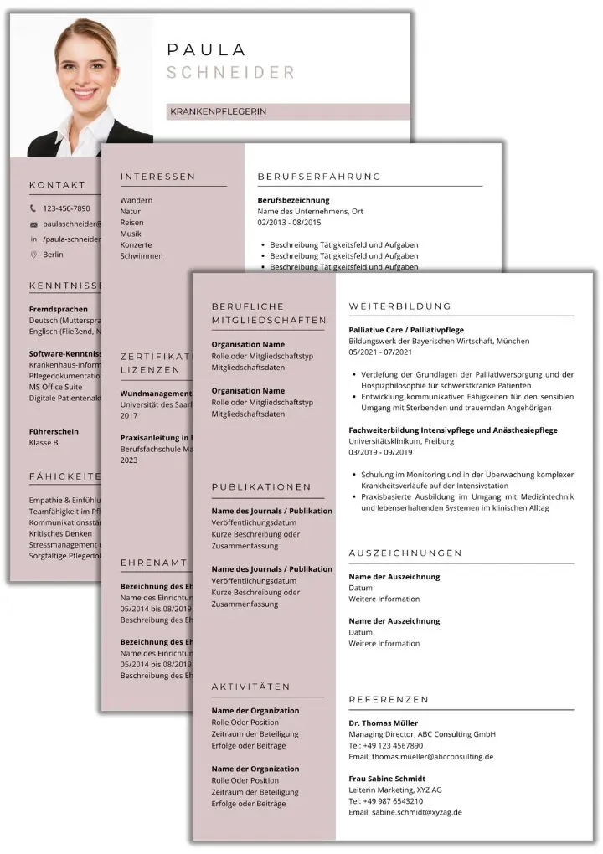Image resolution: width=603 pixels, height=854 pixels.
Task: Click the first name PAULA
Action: [x=206, y=50]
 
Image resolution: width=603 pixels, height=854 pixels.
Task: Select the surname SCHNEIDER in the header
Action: [x=230, y=73]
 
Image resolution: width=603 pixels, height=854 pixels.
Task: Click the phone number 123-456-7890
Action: [x=66, y=208]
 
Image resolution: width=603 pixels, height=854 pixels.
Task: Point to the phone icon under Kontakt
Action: [x=33, y=208]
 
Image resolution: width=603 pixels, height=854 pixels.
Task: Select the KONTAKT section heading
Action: [x=57, y=185]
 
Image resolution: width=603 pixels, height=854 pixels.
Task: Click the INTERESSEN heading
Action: [x=157, y=177]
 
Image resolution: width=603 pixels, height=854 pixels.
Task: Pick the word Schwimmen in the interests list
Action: [x=142, y=256]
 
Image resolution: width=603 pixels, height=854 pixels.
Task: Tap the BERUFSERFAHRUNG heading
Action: [x=319, y=177]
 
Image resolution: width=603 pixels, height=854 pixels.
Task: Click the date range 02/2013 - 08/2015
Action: [x=289, y=223]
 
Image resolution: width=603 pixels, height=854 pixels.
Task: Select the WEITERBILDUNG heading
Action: [x=399, y=306]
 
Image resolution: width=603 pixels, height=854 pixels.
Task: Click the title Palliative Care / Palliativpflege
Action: [x=406, y=330]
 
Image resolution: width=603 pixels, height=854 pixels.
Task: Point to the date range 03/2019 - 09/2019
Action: [x=380, y=453]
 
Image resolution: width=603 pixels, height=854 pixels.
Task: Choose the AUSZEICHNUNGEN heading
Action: [x=405, y=553]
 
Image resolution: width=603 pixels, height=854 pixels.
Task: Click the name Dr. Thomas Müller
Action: [x=383, y=723]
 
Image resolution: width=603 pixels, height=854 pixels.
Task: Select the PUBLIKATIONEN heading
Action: [x=261, y=486]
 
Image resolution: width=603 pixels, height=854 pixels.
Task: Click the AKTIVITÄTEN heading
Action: [x=250, y=687]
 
